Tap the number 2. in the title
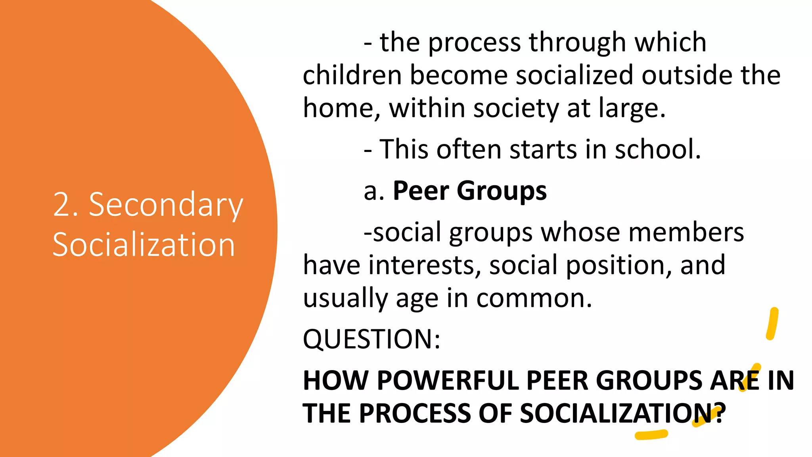(66, 205)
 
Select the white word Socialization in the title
(144, 245)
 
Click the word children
(352, 75)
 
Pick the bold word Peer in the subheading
(421, 191)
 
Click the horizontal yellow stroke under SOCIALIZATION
(651, 435)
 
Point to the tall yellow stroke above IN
(772, 324)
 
